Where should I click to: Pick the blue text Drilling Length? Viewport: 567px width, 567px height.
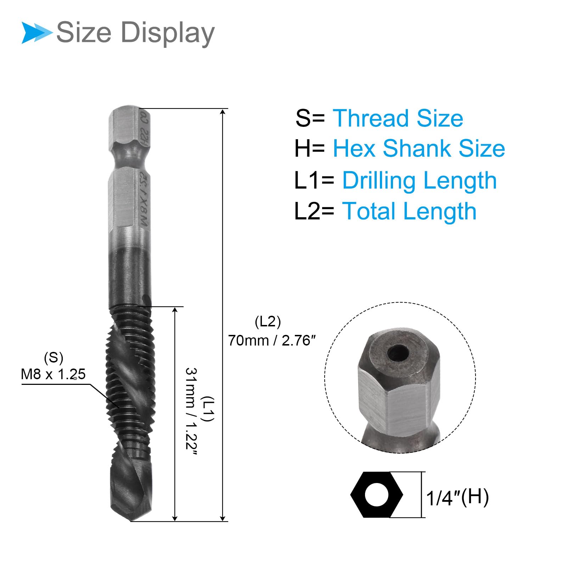420,180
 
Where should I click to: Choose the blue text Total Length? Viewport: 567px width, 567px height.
409,211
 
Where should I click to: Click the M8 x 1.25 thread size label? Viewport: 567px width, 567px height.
53,374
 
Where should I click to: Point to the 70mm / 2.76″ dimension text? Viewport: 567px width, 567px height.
271,341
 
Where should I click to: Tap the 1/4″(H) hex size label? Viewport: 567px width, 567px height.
457,497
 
